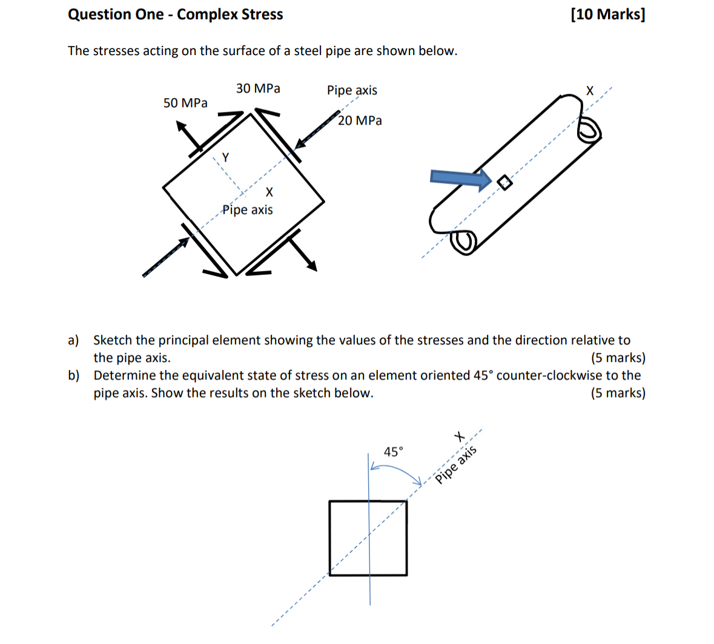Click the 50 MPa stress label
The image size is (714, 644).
point(185,103)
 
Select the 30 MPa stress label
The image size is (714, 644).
point(258,88)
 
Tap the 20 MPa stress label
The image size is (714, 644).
point(360,120)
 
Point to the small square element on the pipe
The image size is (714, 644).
point(503,182)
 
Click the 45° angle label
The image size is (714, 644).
point(393,452)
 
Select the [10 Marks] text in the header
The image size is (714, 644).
point(607,15)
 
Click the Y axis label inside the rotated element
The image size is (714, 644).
point(225,157)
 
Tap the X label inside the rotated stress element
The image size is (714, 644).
point(269,192)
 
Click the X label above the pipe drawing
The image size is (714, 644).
point(590,91)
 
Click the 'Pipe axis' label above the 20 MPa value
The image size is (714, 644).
point(352,90)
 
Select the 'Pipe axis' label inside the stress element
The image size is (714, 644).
point(247,210)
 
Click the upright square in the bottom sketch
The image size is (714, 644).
point(368,537)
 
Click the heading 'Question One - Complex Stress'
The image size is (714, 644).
point(175,15)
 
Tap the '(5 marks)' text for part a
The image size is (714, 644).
point(618,358)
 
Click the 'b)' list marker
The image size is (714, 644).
point(74,375)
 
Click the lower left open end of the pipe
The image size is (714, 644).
point(463,242)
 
